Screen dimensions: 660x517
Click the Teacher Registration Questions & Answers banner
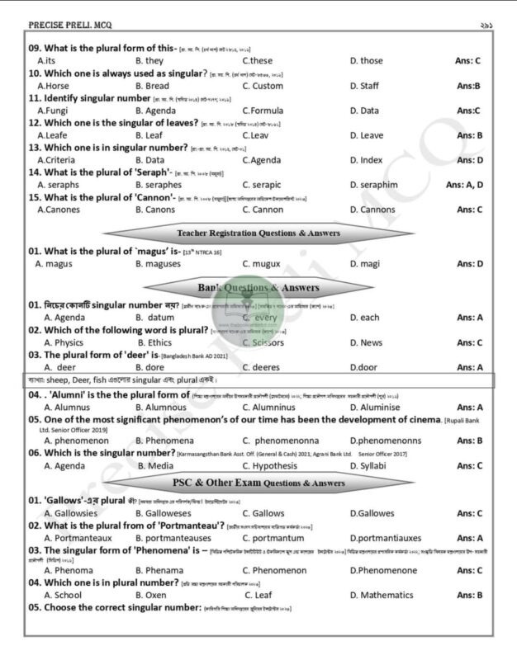click(x=258, y=233)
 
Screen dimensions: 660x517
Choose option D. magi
click(x=364, y=264)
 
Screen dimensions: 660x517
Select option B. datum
click(x=155, y=318)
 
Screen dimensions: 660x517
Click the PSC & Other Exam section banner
click(x=258, y=483)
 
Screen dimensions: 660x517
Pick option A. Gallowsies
click(x=70, y=513)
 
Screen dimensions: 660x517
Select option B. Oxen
click(x=150, y=595)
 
